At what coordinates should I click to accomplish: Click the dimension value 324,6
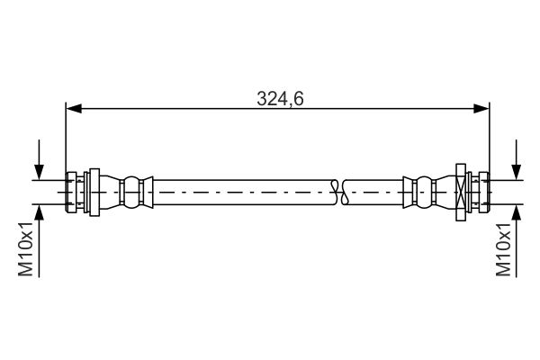point(280,99)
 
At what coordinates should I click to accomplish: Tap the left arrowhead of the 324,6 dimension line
point(74,109)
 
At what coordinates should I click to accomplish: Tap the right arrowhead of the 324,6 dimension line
point(481,109)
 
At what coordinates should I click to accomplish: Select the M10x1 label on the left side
point(25,248)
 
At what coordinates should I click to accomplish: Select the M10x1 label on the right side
point(503,248)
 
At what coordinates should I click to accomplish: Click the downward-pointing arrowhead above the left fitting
point(40,172)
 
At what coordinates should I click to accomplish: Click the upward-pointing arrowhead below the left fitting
point(40,212)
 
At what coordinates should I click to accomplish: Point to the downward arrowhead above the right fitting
point(517,172)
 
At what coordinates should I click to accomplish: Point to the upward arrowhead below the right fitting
point(517,212)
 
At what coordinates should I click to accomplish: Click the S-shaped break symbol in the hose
point(339,192)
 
